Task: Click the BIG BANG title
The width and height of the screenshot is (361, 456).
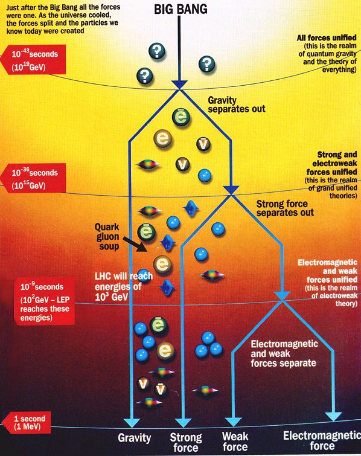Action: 180,9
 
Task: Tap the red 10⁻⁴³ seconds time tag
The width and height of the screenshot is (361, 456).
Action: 33,60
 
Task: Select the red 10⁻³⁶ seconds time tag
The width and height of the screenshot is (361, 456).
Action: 33,178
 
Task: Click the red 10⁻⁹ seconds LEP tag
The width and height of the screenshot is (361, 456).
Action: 45,301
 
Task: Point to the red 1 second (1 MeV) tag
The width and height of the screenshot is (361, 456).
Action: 27,423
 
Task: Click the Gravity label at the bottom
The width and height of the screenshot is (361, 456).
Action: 134,438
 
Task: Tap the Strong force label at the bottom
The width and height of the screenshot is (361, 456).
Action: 186,442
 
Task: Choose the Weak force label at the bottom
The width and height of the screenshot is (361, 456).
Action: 235,442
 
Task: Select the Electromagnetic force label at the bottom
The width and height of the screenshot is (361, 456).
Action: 322,440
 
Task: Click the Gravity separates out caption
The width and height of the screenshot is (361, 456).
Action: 237,104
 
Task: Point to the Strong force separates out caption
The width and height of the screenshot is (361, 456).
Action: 285,208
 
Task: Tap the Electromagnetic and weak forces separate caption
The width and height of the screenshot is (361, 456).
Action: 284,353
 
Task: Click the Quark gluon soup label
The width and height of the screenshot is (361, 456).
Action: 107,236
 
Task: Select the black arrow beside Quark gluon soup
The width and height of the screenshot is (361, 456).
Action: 135,244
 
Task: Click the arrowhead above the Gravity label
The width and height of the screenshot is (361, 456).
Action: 132,423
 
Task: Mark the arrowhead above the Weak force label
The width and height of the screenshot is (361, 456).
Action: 234,422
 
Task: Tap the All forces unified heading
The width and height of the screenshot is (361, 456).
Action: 327,37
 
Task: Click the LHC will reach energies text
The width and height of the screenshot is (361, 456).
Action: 124,286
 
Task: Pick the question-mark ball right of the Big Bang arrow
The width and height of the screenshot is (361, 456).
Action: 206,64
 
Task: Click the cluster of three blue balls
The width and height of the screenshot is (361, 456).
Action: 208,345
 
